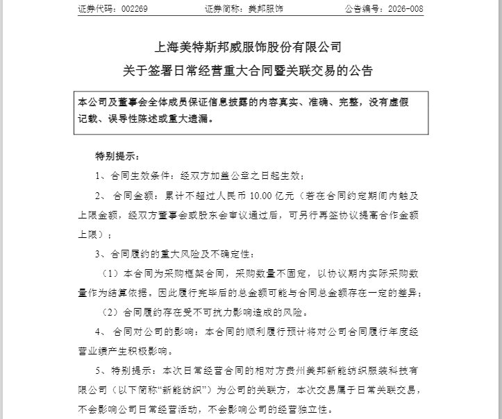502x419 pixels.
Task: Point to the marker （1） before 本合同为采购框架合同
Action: pyautogui.click(x=112, y=273)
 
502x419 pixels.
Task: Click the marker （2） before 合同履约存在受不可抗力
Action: pyautogui.click(x=112, y=312)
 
